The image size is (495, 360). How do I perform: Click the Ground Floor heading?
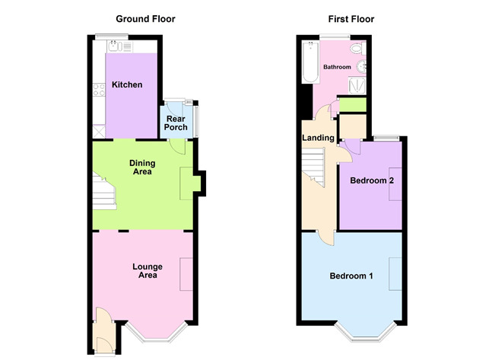pyautogui.click(x=145, y=19)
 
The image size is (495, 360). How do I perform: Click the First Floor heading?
pyautogui.click(x=351, y=19)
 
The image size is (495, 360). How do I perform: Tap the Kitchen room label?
pyautogui.click(x=127, y=84)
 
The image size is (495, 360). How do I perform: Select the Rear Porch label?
pyautogui.click(x=176, y=123)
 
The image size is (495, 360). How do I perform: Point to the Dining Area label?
pyautogui.click(x=142, y=167)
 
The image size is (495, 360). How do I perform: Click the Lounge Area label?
pyautogui.click(x=148, y=271)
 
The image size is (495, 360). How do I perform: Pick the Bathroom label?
pyautogui.click(x=337, y=67)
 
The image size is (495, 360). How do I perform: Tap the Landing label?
pyautogui.click(x=318, y=138)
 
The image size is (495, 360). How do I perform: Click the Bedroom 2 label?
pyautogui.click(x=372, y=180)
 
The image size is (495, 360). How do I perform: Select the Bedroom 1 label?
pyautogui.click(x=351, y=276)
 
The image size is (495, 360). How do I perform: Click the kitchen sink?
pyautogui.click(x=115, y=46)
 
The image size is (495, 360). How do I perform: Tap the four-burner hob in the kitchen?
pyautogui.click(x=99, y=90)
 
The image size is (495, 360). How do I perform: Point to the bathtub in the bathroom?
pyautogui.click(x=310, y=62)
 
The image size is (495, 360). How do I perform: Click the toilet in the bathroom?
pyautogui.click(x=359, y=49)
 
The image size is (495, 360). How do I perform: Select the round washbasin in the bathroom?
pyautogui.click(x=361, y=67)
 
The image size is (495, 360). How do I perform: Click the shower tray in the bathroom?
pyautogui.click(x=357, y=85)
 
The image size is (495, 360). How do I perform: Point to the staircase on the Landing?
pyautogui.click(x=313, y=167)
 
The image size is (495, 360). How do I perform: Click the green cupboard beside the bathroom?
pyautogui.click(x=353, y=104)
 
